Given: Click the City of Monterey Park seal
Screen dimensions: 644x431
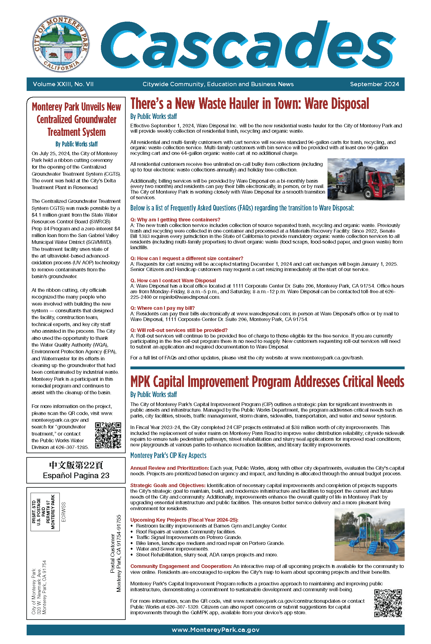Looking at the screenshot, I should (61, 44).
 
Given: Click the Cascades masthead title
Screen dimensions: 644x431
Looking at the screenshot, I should (248, 45).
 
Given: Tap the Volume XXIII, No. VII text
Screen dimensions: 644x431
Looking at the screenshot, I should (63, 84).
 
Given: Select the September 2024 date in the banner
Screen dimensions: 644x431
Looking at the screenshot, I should (374, 84).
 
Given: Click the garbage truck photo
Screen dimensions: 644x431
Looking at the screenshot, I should (366, 179).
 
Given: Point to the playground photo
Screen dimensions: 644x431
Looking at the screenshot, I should (369, 534).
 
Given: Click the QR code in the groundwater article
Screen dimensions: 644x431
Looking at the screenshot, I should (108, 435).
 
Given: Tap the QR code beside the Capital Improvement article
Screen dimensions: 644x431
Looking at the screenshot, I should (388, 603).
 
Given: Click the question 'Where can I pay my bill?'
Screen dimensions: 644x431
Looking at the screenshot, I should (162, 308).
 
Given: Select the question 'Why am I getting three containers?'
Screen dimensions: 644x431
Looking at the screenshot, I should (175, 220).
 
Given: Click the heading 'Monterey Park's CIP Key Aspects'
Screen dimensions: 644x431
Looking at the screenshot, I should (168, 455).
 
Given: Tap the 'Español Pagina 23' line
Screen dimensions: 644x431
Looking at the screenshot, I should (76, 476).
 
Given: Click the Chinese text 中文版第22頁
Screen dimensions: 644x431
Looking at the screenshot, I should (76, 465).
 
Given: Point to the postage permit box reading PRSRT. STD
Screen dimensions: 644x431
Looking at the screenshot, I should (45, 512).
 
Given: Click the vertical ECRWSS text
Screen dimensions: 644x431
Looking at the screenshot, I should (64, 512).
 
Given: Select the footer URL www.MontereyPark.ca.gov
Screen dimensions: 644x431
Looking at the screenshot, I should (215, 630).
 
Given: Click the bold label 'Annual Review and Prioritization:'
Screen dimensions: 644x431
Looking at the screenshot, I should (170, 468).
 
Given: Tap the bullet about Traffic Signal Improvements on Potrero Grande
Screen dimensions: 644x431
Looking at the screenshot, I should (189, 537).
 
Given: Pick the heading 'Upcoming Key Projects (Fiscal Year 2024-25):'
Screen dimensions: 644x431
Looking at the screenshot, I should (184, 520).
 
